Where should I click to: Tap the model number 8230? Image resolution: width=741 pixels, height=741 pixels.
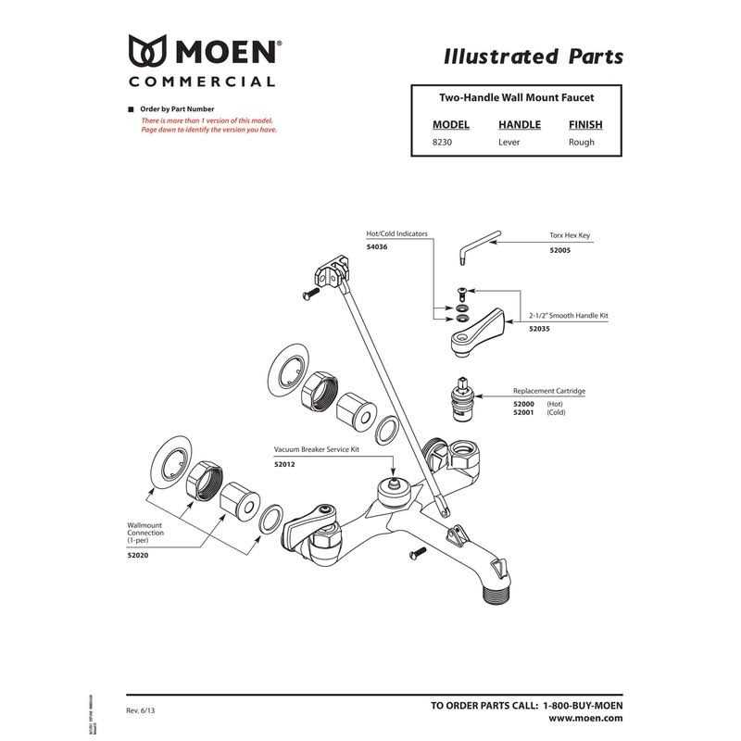tap(442, 143)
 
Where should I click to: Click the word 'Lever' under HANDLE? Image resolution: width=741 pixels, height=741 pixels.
tap(509, 143)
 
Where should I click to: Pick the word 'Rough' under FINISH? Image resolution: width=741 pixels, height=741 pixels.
tap(582, 143)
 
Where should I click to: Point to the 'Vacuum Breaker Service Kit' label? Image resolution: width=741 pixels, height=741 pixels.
tap(316, 448)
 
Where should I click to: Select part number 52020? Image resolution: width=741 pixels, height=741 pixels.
tap(139, 556)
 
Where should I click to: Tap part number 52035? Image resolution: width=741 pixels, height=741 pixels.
tap(539, 329)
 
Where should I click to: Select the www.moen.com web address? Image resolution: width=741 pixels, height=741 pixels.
tap(584, 718)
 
